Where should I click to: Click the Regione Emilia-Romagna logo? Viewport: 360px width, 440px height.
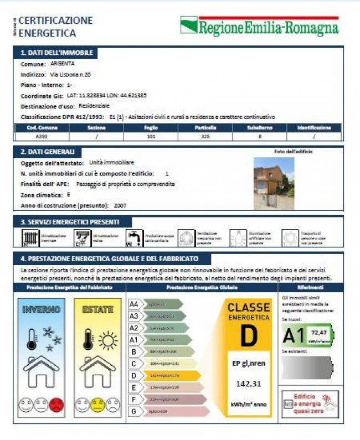coord(259,26)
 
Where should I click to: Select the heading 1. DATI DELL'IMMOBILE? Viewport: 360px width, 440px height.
coord(56,53)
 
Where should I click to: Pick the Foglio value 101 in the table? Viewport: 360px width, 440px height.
coord(150,136)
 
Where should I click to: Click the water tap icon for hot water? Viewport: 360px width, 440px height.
coord(133,238)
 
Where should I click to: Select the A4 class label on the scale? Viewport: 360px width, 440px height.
coord(134,304)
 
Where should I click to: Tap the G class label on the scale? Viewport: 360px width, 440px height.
coord(133,411)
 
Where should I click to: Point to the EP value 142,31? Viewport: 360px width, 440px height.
coord(248,384)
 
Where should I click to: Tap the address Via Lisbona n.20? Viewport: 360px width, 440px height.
coord(70,74)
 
